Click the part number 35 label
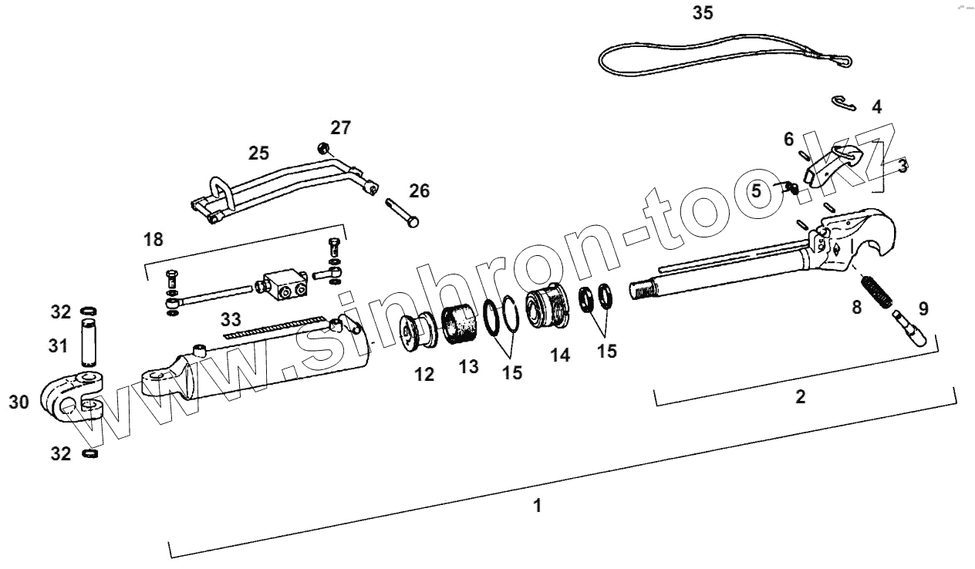[703, 14]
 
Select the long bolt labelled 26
[401, 210]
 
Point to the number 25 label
[258, 153]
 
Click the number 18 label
[154, 239]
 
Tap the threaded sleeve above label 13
[463, 325]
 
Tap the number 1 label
[538, 507]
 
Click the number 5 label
[756, 190]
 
